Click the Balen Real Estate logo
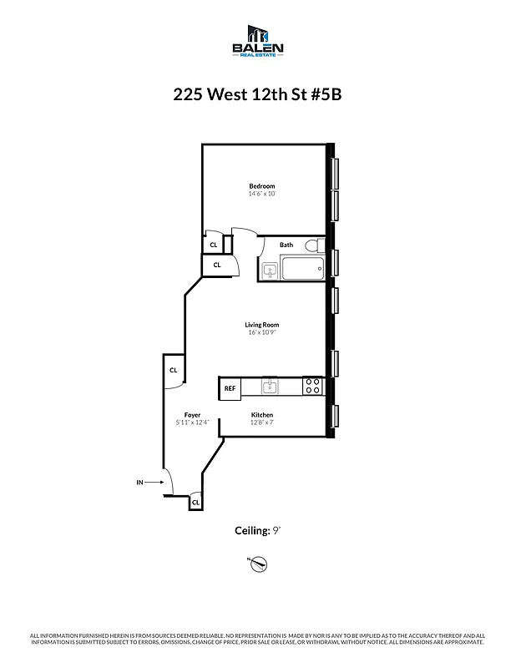click(x=257, y=43)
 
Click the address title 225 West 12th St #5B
click(x=257, y=94)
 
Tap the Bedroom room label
click(x=261, y=185)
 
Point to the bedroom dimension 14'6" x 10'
click(x=261, y=194)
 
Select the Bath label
click(x=286, y=245)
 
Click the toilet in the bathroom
click(x=312, y=245)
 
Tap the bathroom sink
click(x=269, y=270)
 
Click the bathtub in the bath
click(x=302, y=270)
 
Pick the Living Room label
click(x=261, y=324)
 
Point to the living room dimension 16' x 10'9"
click(x=261, y=332)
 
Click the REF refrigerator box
click(x=230, y=387)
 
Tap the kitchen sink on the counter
click(x=269, y=387)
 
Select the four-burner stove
click(x=312, y=387)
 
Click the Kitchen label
click(x=262, y=415)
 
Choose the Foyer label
click(x=193, y=415)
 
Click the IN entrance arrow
click(x=147, y=482)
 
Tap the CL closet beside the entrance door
click(x=195, y=502)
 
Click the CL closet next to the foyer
click(x=174, y=370)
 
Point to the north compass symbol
click(x=258, y=564)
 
